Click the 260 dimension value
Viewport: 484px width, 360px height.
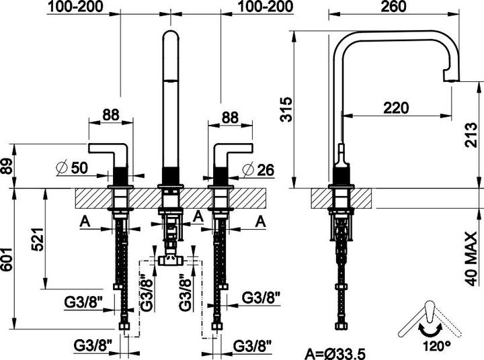393,7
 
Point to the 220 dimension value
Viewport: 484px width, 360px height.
396,108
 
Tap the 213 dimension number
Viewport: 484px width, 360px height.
472,135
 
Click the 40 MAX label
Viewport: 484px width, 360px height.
472,260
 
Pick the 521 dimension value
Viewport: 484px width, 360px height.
38,240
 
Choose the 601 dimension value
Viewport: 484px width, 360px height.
7,259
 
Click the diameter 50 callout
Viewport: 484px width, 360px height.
72,167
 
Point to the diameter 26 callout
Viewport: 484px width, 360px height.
258,169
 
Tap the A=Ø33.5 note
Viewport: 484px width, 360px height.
334,353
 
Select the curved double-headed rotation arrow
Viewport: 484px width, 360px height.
430,331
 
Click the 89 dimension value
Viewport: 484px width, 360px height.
7,167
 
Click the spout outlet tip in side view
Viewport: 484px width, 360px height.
452,81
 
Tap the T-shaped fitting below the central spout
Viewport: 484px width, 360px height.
170,260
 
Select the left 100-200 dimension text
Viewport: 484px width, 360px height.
75,7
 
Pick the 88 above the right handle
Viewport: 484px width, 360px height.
231,118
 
